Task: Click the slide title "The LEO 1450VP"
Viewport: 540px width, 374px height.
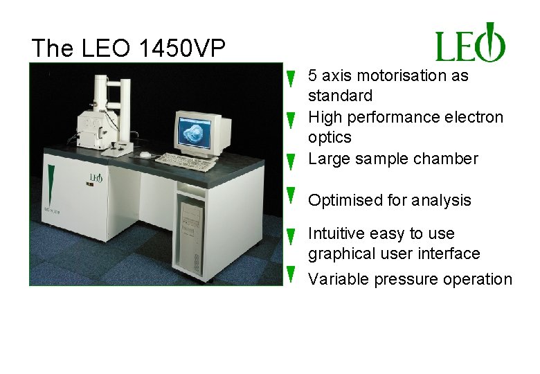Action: (128, 48)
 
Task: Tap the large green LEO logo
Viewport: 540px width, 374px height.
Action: (470, 43)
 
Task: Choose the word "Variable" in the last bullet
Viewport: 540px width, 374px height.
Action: (339, 279)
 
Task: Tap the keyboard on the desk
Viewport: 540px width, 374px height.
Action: (185, 161)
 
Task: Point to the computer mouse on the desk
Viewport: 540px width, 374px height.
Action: (145, 154)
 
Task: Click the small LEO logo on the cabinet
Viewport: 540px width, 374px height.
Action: (96, 178)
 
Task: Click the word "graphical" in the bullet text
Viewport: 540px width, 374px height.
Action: (339, 254)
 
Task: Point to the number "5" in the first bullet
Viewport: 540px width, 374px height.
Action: (313, 75)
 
